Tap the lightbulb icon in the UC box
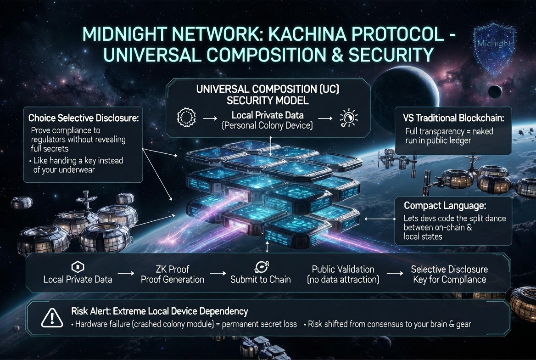coord(348,118)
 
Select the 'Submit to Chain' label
coord(260,279)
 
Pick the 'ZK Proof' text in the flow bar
coord(173,269)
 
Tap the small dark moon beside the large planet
coord(494,90)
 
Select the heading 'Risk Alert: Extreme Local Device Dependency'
coord(160,311)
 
